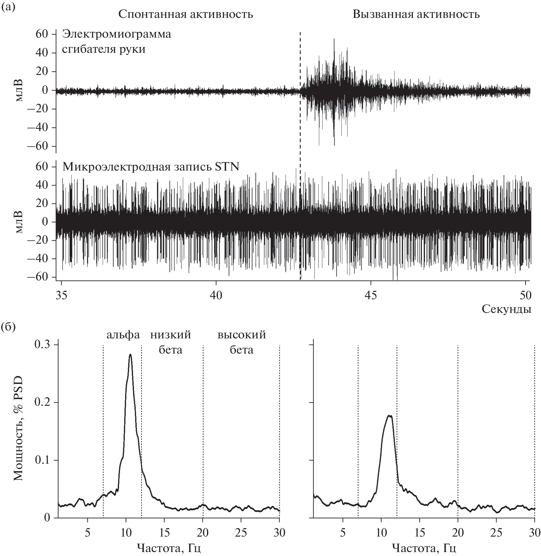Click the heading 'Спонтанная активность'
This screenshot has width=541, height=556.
185,14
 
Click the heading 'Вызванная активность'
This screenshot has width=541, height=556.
416,14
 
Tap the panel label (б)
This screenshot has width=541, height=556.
8,327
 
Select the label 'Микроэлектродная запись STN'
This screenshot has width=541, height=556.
151,167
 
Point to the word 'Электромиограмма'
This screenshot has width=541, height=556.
117,34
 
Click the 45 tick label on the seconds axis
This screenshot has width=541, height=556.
371,295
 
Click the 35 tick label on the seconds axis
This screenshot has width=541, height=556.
61,295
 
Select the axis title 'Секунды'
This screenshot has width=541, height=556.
506,309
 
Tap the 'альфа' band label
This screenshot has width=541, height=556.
123,335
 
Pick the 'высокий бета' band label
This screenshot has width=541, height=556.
242,342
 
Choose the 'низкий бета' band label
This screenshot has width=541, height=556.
171,342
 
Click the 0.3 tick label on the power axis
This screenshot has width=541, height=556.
43,345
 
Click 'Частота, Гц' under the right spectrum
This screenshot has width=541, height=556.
424,548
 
